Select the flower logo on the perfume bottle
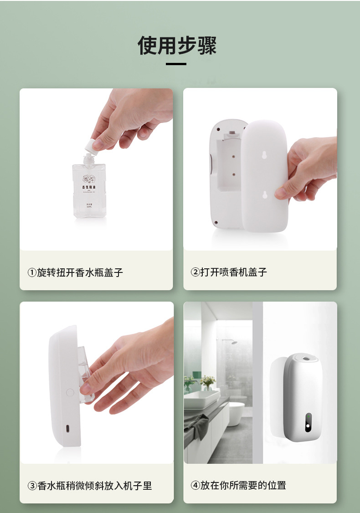pyautogui.click(x=87, y=179)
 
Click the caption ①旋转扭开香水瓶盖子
pyautogui.click(x=75, y=272)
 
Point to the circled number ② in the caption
pyautogui.click(x=195, y=272)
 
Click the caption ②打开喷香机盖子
pyautogui.click(x=229, y=272)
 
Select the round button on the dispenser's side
pyautogui.click(x=70, y=392)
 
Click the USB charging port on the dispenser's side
pyautogui.click(x=68, y=429)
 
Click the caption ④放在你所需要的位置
pyautogui.click(x=238, y=485)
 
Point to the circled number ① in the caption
pyautogui.click(x=32, y=272)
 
